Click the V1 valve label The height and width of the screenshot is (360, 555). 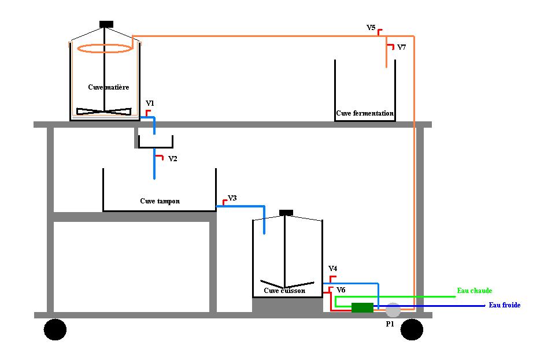(x=150, y=103)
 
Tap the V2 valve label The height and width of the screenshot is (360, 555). (x=172, y=159)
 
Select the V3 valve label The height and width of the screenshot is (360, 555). (x=232, y=198)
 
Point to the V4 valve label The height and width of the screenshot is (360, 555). (x=333, y=268)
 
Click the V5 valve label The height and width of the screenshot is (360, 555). (x=371, y=28)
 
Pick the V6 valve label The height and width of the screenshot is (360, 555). (x=341, y=290)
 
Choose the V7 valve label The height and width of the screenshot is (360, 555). (x=401, y=47)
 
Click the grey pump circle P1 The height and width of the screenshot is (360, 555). (x=393, y=310)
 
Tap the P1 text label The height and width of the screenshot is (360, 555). (x=390, y=324)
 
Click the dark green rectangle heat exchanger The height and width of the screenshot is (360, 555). (x=362, y=307)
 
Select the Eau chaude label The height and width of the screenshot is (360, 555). (x=474, y=291)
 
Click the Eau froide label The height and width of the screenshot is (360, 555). (x=504, y=305)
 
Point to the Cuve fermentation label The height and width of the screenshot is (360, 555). (x=365, y=113)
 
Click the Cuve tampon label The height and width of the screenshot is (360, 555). (x=160, y=201)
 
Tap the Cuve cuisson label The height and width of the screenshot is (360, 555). (x=284, y=291)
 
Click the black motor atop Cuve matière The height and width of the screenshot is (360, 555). (x=106, y=24)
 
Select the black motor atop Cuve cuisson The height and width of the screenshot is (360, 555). (x=286, y=213)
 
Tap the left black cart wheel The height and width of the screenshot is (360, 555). (x=55, y=329)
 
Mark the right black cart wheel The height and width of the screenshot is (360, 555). (x=412, y=329)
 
